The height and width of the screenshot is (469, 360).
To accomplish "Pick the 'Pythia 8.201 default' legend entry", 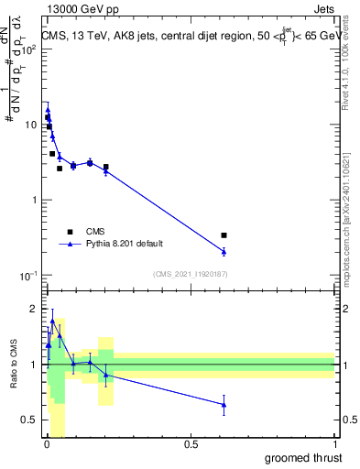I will [121, 245].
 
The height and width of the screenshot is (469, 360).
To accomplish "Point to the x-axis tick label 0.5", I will [191, 444].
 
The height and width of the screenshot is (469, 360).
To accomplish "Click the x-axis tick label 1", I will [334, 444].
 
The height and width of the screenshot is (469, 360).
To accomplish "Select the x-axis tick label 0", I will [47, 444].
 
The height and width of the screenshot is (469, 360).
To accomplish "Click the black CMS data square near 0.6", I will [224, 235].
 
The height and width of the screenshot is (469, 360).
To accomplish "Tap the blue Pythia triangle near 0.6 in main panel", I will [224, 251].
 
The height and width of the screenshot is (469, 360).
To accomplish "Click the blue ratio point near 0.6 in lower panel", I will [224, 404].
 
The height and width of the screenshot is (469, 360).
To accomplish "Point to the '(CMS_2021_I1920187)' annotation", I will [191, 274].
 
